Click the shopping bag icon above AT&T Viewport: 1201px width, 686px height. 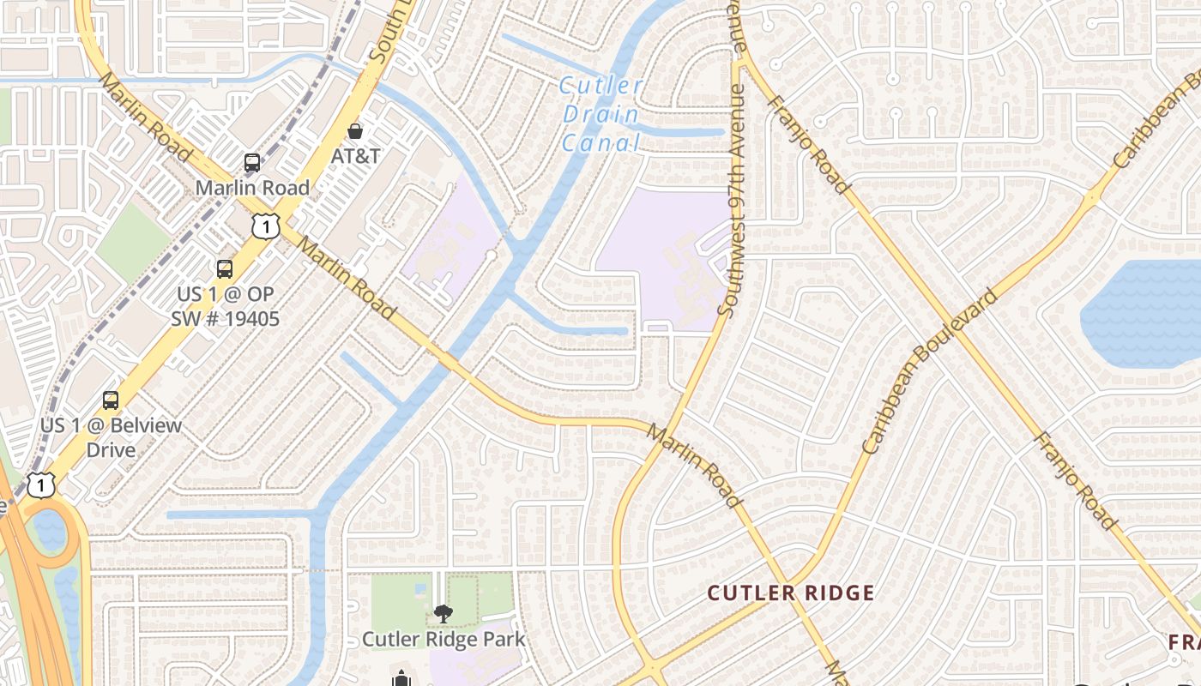354,131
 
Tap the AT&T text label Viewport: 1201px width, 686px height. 356,156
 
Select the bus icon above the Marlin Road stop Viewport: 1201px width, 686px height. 252,162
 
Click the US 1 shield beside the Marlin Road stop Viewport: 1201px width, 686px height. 266,226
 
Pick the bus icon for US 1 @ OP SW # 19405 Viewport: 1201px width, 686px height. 225,268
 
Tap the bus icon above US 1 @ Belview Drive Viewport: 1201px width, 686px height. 111,400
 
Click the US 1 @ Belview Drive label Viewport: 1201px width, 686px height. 112,437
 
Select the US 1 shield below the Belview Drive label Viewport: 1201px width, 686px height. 40,485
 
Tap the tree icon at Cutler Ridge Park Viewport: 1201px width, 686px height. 443,612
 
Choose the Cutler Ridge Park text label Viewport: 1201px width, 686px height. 443,639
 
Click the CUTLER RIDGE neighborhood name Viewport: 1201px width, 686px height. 790,593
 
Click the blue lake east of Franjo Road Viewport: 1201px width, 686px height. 1145,313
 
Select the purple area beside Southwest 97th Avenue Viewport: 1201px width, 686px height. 661,257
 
